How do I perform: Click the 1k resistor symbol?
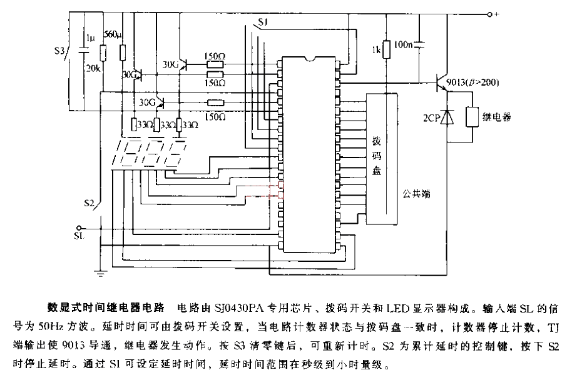[387, 49]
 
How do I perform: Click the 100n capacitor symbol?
[420, 44]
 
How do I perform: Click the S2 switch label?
[89, 203]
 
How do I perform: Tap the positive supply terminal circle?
[490, 14]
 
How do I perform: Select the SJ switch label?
[263, 23]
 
